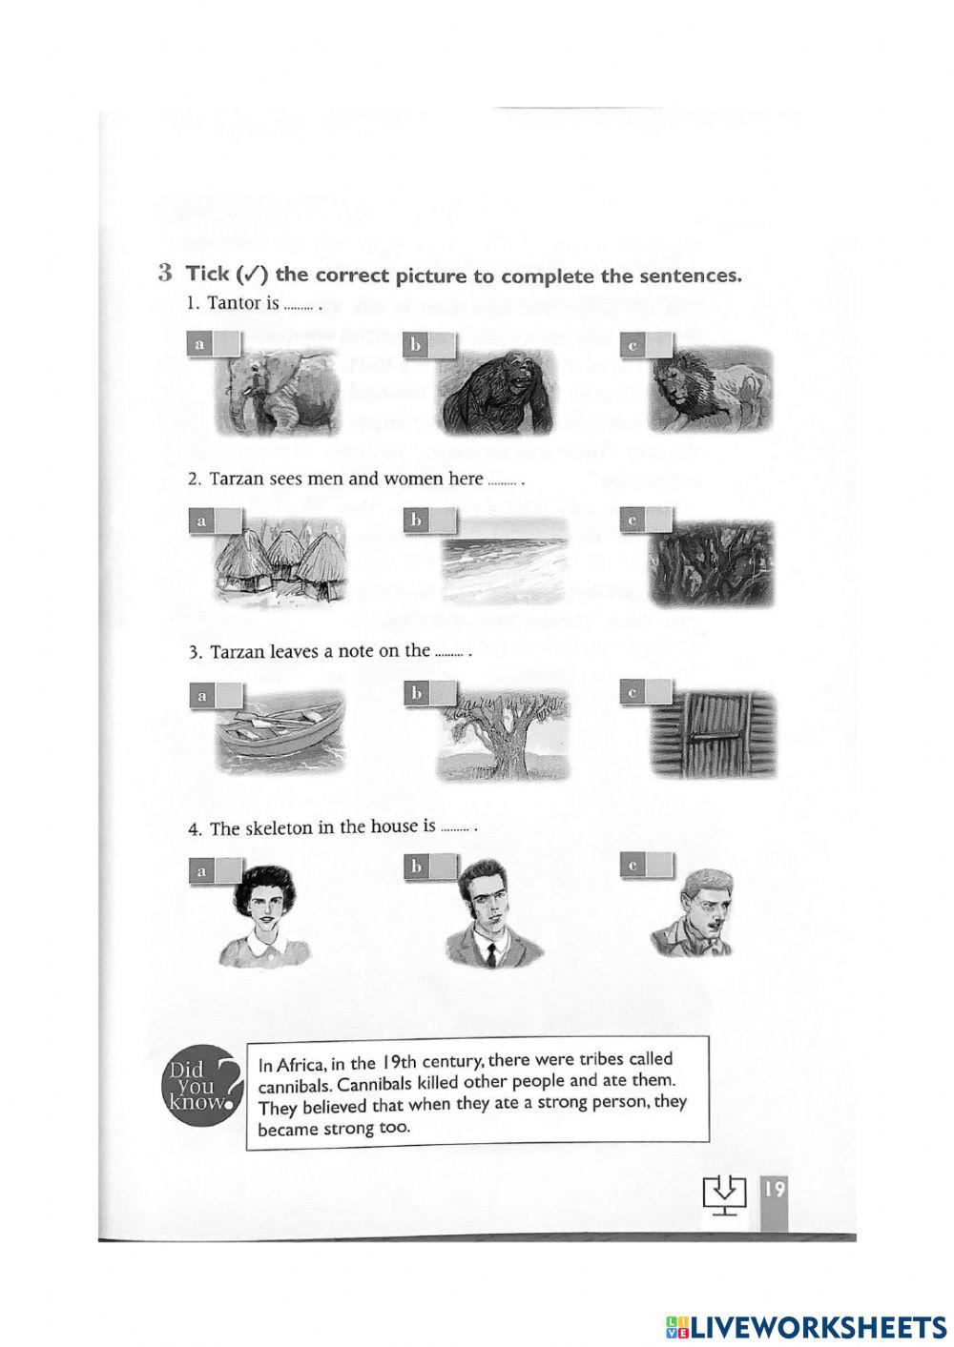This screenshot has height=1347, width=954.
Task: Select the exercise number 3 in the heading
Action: pyautogui.click(x=165, y=273)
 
